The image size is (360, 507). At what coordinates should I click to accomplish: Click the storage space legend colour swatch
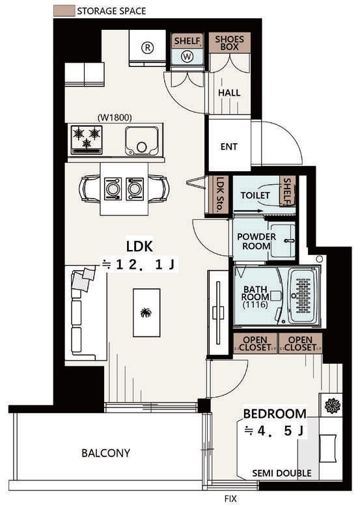coord(64,10)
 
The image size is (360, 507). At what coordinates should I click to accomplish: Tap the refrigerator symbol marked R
coord(148,48)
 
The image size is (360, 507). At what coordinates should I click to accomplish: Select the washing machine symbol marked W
coord(187,57)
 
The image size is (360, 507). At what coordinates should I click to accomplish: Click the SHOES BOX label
coord(229,43)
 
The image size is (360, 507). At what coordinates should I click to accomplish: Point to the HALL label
coord(229,93)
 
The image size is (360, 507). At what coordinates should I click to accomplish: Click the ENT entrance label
coord(229,146)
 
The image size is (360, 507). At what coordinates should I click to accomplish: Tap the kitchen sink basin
coord(142,141)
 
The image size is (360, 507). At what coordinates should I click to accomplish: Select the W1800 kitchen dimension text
coord(115,118)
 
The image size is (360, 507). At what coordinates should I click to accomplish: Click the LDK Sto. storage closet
coord(219,195)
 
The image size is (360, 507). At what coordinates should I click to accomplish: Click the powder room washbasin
coord(283,240)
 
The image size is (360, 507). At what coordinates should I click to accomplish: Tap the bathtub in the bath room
coord(303,296)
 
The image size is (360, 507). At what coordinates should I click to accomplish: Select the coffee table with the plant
coord(146,312)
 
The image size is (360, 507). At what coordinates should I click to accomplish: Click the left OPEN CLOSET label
coord(255,344)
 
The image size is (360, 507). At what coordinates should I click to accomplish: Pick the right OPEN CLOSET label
coord(300,344)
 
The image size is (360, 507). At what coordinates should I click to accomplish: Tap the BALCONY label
coord(105,453)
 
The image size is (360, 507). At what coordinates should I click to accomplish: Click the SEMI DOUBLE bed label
coord(282,473)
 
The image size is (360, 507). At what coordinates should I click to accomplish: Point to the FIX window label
coord(230,499)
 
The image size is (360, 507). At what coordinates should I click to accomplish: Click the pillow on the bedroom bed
coord(328,448)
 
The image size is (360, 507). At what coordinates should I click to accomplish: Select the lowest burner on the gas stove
coord(87,143)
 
